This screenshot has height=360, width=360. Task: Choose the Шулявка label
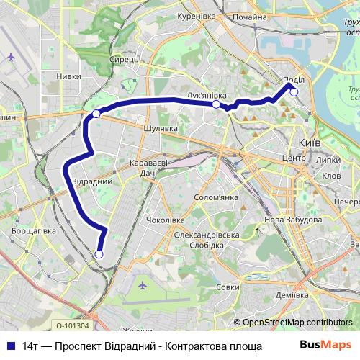click(x=161, y=128)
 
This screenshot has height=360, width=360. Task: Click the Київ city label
click(x=309, y=143)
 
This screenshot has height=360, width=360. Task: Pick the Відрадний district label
click(x=92, y=181)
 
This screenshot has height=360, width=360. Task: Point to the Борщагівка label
click(x=33, y=232)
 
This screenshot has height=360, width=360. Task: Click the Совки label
click(x=227, y=287)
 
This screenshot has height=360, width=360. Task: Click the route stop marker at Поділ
click(x=294, y=91)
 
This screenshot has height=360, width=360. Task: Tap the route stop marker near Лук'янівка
click(x=216, y=104)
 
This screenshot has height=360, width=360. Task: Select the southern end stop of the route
click(x=99, y=253)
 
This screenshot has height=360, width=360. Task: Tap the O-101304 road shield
click(x=73, y=325)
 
